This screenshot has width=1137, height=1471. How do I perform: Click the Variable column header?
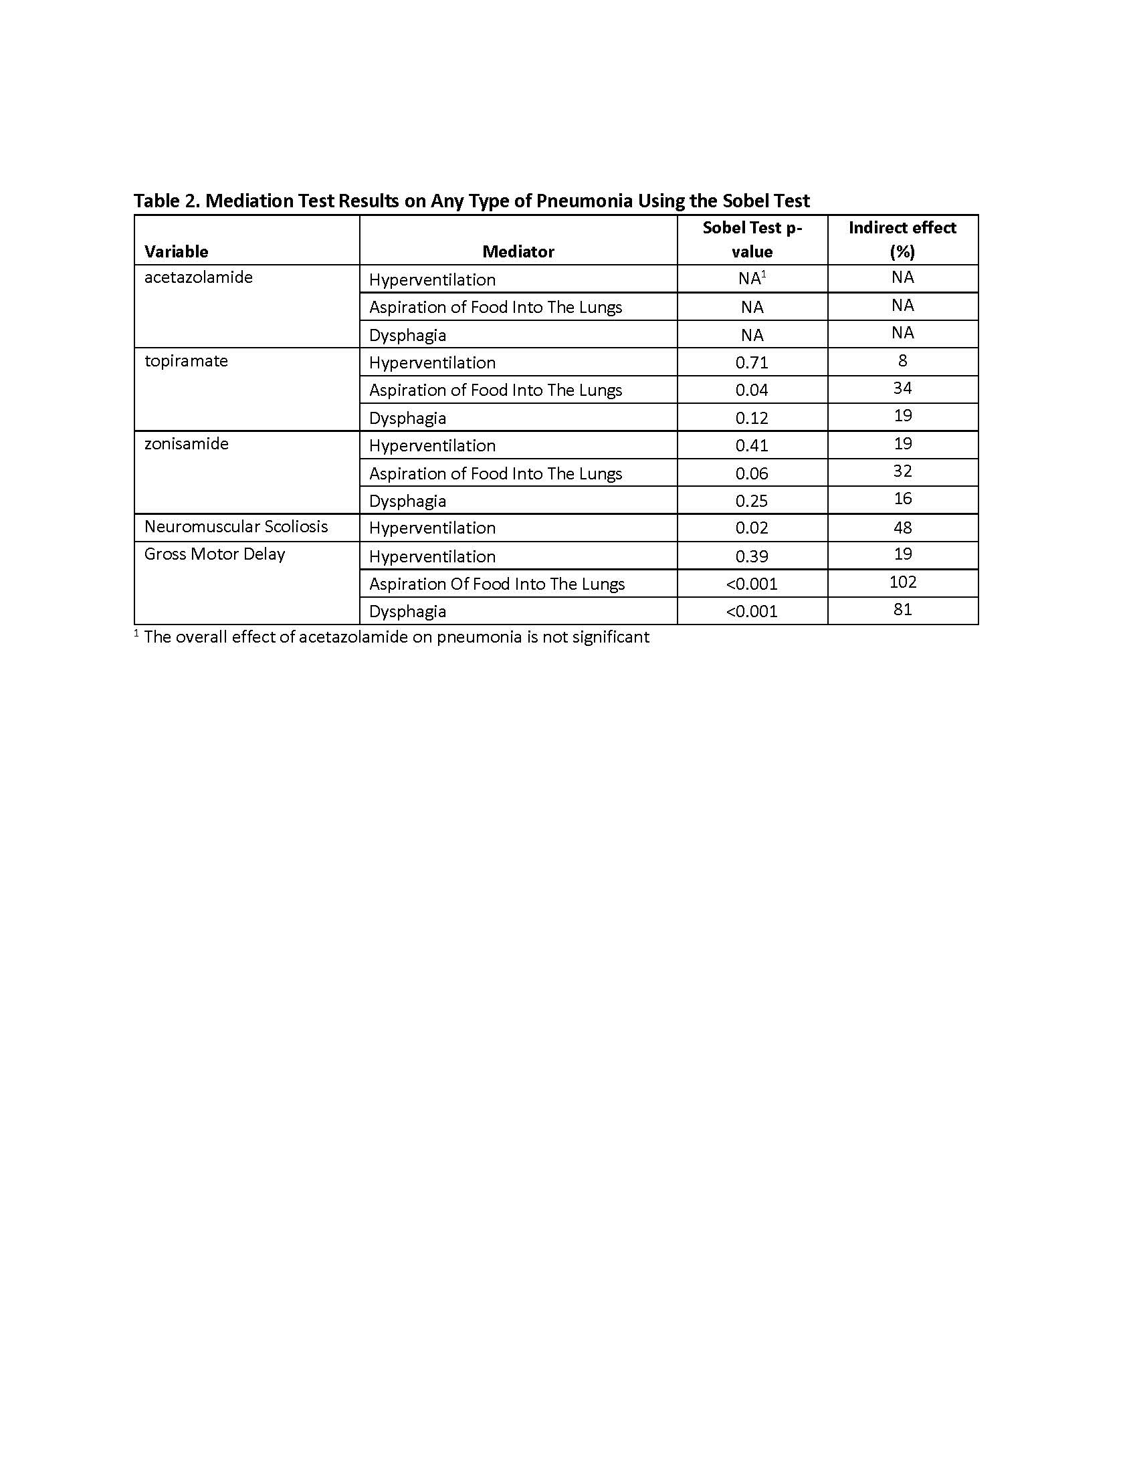[x=176, y=251]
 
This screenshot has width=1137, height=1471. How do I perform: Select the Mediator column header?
[x=518, y=251]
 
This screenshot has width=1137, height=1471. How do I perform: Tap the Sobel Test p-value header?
[x=752, y=240]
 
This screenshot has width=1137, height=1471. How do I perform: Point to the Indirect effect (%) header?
[x=902, y=240]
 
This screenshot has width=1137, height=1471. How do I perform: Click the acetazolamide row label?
[x=198, y=277]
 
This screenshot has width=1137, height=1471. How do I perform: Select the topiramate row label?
[x=186, y=360]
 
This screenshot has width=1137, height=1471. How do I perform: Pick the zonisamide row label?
[x=186, y=443]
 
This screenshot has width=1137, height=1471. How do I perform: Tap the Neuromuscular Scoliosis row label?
[x=235, y=526]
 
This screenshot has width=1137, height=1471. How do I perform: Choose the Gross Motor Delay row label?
[x=214, y=554]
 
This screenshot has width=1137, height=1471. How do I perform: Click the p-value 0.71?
[x=752, y=362]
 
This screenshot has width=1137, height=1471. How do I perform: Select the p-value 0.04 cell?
[x=752, y=390]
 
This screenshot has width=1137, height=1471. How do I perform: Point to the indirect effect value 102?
[x=903, y=581]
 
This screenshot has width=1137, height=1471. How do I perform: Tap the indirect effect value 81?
[x=903, y=609]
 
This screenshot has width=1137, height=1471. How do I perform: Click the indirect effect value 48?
[x=903, y=527]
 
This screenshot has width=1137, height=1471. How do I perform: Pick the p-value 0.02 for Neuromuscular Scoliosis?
[x=752, y=528]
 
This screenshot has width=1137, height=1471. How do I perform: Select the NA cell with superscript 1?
[x=752, y=278]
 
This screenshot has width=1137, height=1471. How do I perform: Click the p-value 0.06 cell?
[x=752, y=473]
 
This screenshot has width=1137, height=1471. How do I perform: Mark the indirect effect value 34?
[x=903, y=388]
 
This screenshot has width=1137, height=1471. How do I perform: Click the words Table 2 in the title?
[x=165, y=201]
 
